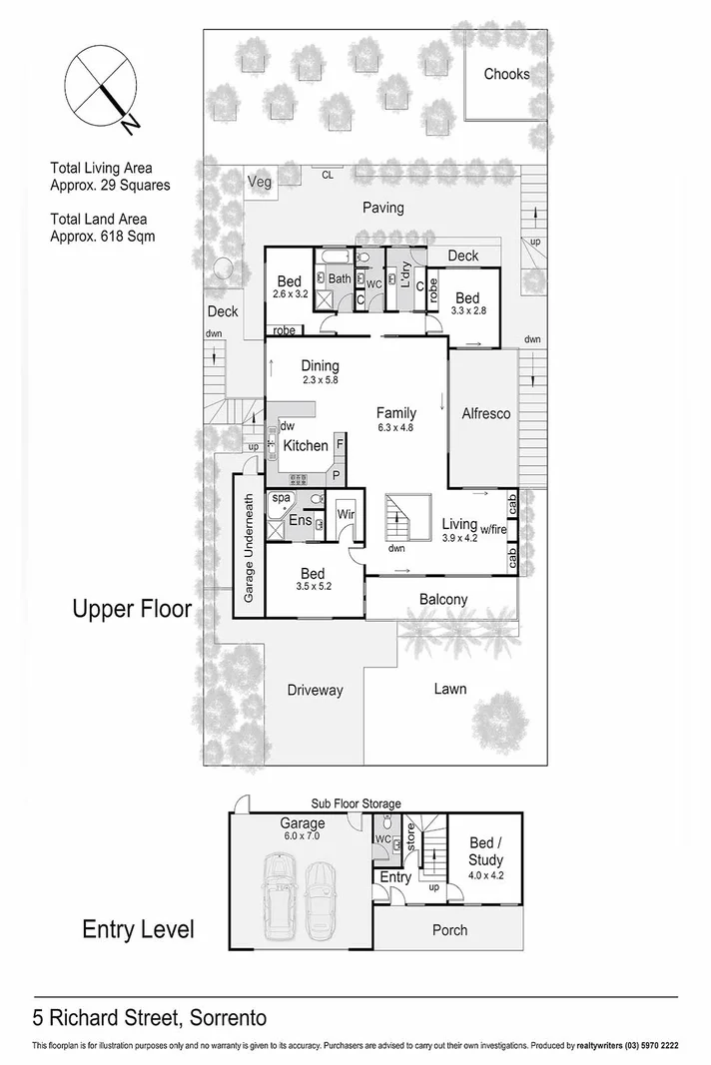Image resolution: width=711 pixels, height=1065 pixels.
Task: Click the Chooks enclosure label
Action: pos(506,74)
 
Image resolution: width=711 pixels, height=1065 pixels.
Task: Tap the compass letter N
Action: pos(129,123)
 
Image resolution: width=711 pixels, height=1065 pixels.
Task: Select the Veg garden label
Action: pos(259,182)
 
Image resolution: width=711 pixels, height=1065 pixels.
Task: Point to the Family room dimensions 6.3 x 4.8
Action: pos(395,427)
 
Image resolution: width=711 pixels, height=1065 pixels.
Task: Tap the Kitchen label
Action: pos(306,445)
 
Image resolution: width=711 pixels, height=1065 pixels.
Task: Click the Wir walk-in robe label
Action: pos(347,514)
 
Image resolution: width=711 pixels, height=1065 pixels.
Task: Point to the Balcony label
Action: pos(442,600)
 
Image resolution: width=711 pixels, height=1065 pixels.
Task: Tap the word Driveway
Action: pos(315,690)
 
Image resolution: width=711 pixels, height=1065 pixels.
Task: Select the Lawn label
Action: pos(449,689)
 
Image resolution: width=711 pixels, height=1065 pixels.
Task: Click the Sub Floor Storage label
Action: pos(355,803)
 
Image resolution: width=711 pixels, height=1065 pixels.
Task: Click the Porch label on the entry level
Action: pos(449,929)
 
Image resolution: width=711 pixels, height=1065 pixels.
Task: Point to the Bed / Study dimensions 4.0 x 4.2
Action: pos(485,876)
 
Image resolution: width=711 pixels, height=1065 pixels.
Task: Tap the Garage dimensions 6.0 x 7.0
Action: pos(302,836)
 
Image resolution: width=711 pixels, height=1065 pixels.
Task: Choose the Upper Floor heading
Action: pos(131,609)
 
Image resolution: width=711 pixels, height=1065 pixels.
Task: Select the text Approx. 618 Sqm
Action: pos(102,237)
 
